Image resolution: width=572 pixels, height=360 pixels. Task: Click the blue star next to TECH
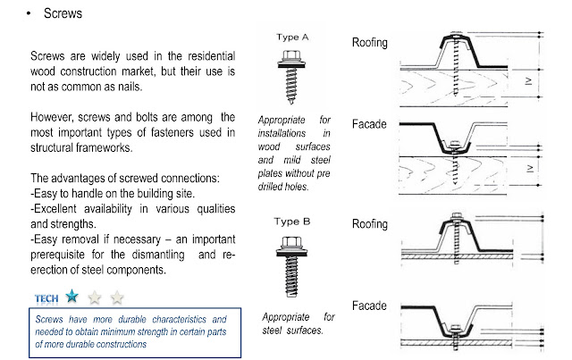(71, 296)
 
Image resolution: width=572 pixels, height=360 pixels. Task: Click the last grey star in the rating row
(116, 297)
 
